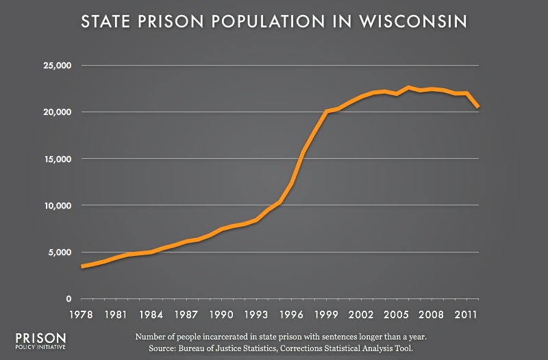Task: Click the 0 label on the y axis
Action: (x=69, y=298)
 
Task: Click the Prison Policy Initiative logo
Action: (x=40, y=342)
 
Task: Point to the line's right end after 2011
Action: (x=478, y=107)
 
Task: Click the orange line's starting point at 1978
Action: (x=82, y=266)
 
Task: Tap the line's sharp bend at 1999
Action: (x=327, y=111)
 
